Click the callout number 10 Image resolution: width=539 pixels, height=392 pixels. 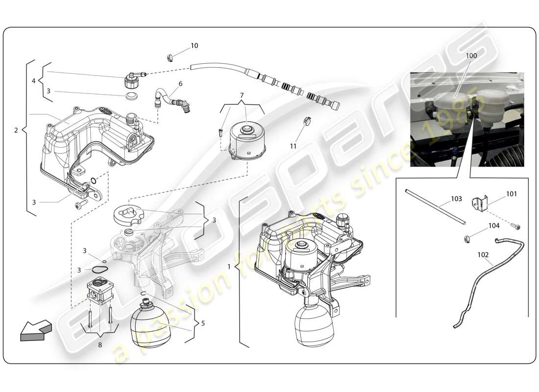pos(195,46)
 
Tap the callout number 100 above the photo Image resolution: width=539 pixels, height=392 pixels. pos(471,56)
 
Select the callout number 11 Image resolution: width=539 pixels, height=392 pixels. pos(293,146)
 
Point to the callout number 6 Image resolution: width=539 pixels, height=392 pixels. pos(180,84)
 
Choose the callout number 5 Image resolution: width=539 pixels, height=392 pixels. pos(203,323)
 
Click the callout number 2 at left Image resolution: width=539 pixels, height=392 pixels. pos(16,130)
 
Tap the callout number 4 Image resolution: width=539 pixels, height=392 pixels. pos(34,81)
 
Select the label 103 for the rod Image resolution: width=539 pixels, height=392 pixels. pos(456,199)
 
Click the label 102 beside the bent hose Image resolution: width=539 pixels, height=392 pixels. pos(483,255)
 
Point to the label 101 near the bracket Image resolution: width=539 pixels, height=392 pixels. pos(511,194)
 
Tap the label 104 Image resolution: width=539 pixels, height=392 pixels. pos(494,226)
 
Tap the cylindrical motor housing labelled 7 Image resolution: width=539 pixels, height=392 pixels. pos(247,140)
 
